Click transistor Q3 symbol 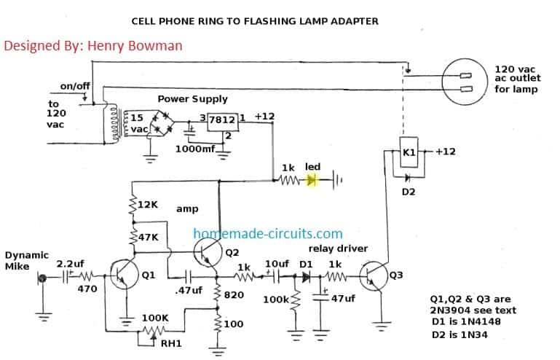(376, 277)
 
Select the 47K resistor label (148, 238)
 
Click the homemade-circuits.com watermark (267, 234)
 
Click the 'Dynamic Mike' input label (26, 260)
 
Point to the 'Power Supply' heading (192, 99)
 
